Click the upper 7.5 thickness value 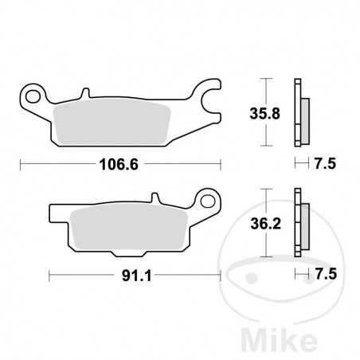coord(324,165)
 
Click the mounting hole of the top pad coord(33,97)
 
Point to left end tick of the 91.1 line coord(49,276)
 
